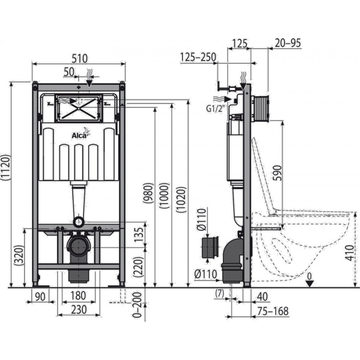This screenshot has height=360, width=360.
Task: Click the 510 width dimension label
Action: tap(80, 59)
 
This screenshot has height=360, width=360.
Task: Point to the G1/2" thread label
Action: tap(215, 109)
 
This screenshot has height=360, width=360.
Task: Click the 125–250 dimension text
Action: tap(198, 57)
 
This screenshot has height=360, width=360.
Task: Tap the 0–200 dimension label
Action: tap(137, 305)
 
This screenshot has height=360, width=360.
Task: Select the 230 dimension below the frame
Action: tap(79, 310)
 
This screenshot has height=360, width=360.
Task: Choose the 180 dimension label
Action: tap(78, 296)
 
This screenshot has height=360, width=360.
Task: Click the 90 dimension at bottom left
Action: tap(40, 297)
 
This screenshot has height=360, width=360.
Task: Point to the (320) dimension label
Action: tap(19, 255)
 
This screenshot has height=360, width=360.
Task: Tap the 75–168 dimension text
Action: tap(273, 311)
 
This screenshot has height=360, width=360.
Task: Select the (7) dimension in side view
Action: tap(220, 294)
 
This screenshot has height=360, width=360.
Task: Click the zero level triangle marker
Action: tap(310, 284)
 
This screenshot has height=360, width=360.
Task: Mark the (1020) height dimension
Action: tap(181, 199)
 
